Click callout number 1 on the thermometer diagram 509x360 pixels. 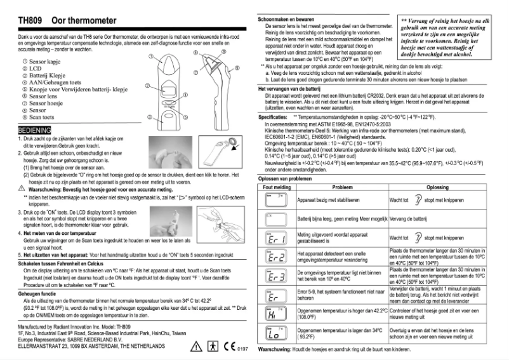click(x=152, y=57)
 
